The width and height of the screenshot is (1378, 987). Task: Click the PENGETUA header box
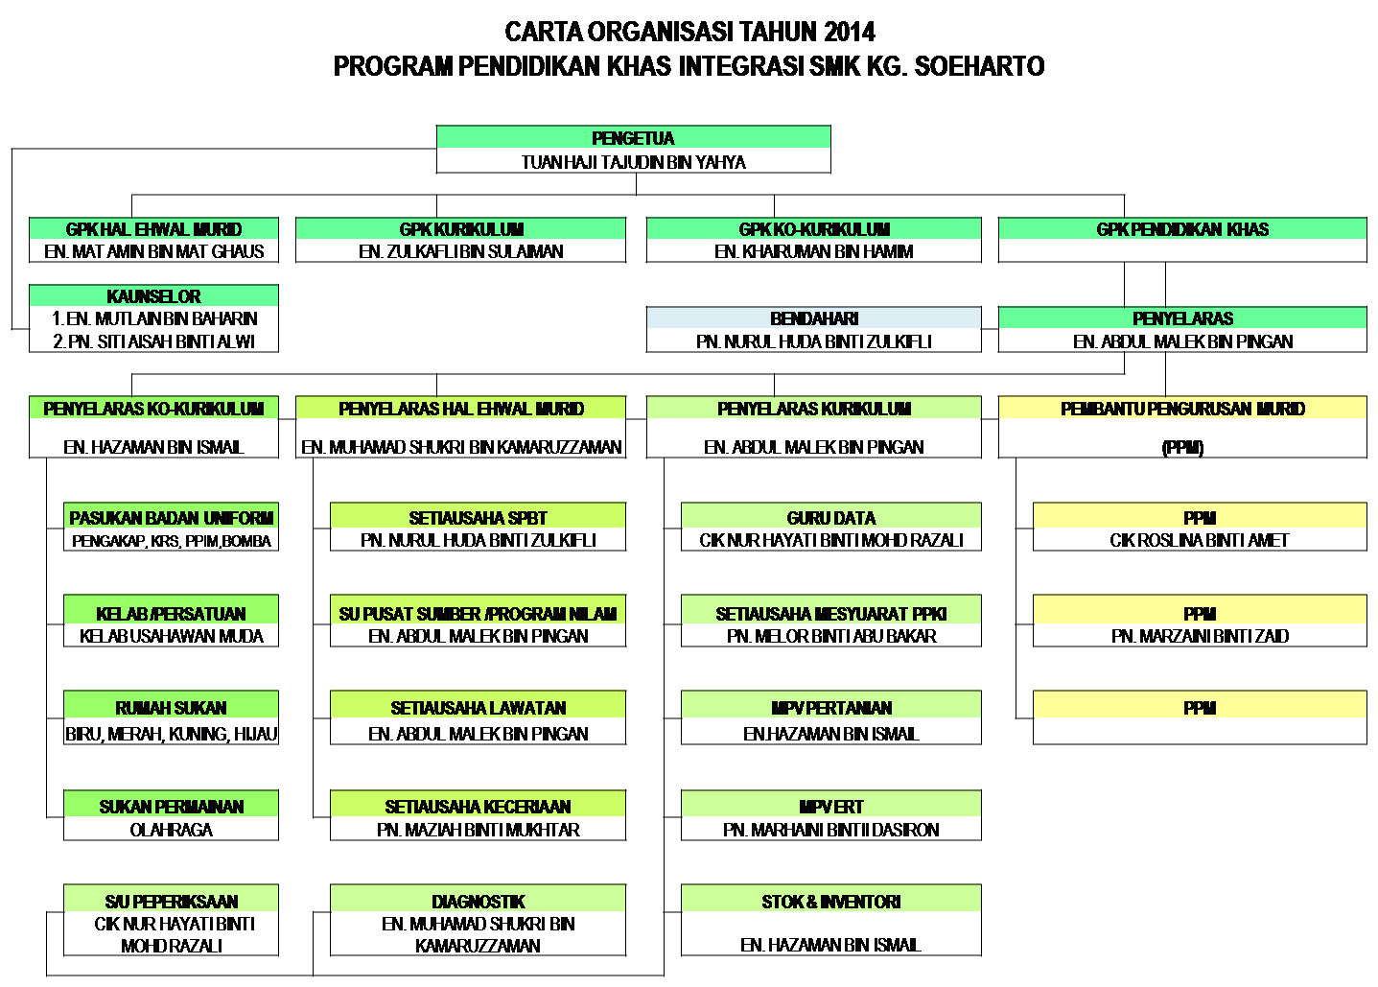click(x=633, y=138)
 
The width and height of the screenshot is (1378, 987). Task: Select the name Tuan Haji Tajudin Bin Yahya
click(x=633, y=162)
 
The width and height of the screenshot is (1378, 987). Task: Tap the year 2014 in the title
click(x=848, y=32)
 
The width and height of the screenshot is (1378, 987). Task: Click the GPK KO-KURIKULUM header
click(x=814, y=229)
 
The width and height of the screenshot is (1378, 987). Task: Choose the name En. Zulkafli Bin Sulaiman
click(x=460, y=251)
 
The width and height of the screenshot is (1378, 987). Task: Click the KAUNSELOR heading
click(x=153, y=296)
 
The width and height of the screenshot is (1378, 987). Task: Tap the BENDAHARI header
click(x=814, y=318)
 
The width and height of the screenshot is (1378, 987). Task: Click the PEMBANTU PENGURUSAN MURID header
click(x=1182, y=409)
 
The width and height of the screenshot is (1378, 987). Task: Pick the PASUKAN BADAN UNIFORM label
click(x=172, y=518)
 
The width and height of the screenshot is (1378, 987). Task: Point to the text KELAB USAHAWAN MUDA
click(x=172, y=636)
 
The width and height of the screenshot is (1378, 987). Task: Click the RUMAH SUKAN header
click(x=172, y=708)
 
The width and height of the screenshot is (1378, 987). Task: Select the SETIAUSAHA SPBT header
click(x=478, y=518)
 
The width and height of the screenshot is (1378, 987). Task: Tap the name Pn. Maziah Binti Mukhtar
click(x=478, y=830)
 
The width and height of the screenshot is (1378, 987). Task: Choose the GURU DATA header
click(x=831, y=518)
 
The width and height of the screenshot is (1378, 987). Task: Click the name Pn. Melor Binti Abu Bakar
click(x=831, y=636)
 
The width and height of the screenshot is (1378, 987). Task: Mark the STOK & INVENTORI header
click(x=831, y=902)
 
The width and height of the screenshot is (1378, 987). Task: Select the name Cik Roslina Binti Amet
click(x=1200, y=540)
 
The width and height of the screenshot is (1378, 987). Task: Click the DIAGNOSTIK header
click(x=478, y=902)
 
